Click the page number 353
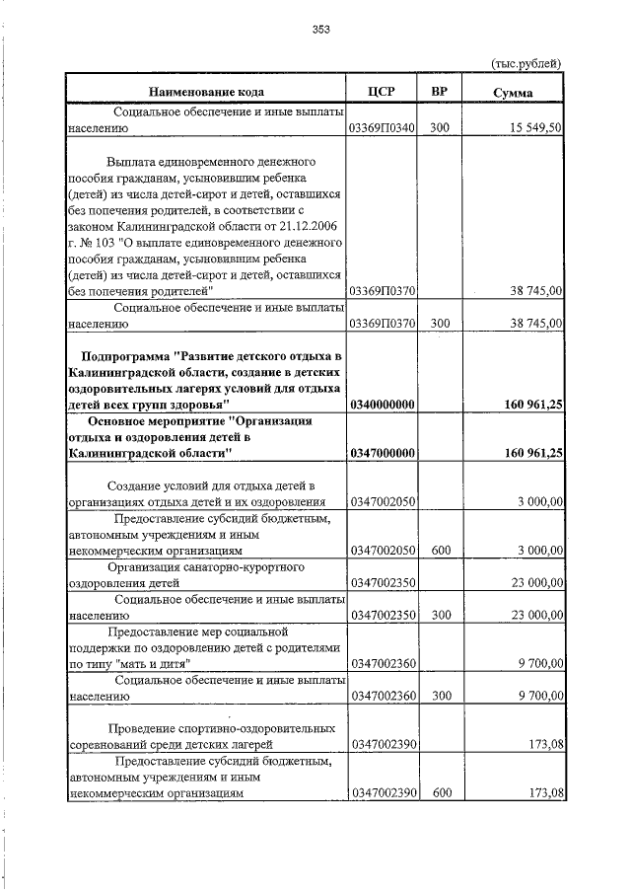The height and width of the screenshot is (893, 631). point(320,29)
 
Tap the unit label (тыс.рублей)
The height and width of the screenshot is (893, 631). point(526,63)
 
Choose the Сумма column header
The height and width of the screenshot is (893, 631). point(514,93)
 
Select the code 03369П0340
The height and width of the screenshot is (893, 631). point(382,128)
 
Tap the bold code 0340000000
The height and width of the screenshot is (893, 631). point(382,405)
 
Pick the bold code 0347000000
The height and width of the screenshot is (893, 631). point(382,453)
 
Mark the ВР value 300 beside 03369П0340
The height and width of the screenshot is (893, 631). point(441,128)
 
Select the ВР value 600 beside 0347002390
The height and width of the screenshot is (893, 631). point(441,791)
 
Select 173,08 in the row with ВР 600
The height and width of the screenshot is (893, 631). point(545,791)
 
